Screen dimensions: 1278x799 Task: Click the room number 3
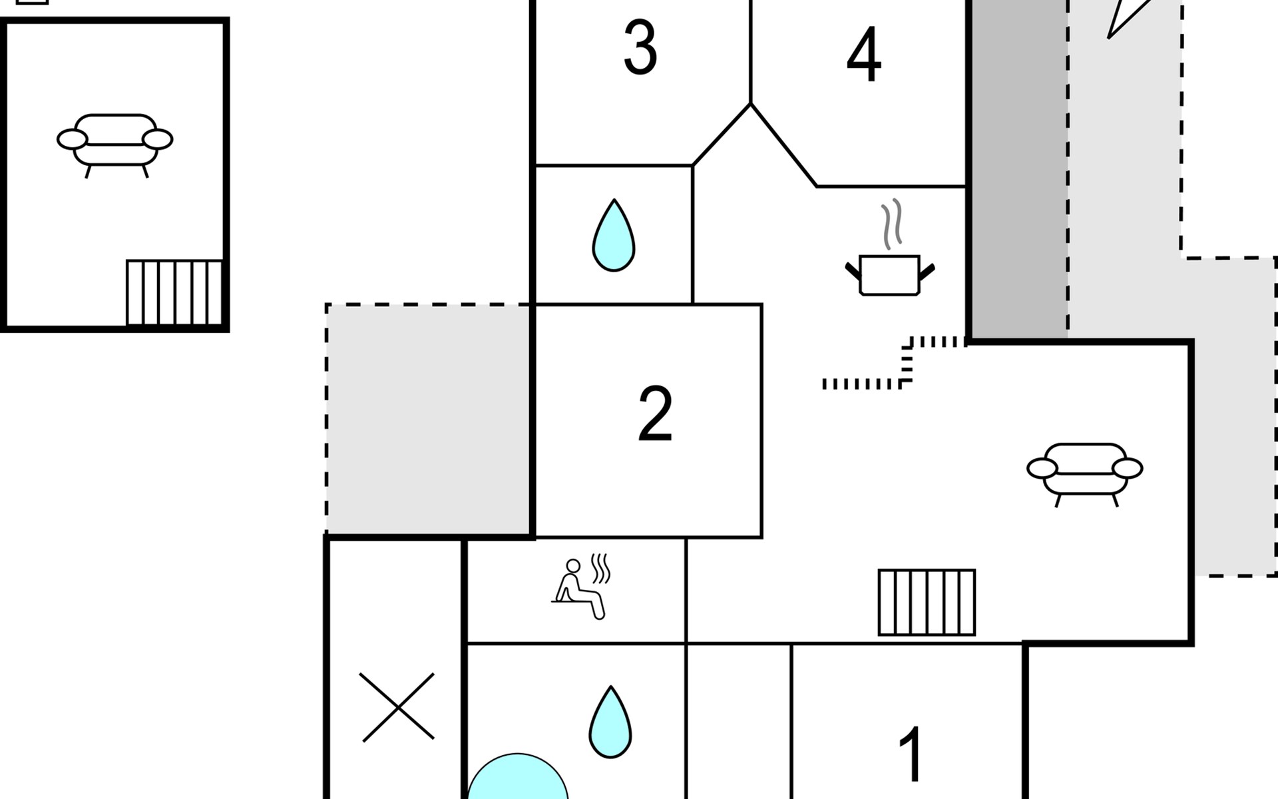click(640, 47)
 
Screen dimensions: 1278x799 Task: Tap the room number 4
click(864, 55)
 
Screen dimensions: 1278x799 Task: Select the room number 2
click(655, 413)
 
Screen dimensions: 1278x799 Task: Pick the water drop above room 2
click(614, 236)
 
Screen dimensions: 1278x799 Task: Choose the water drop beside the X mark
click(610, 722)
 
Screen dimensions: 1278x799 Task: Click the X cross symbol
click(397, 706)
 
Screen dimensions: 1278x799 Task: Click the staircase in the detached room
click(174, 293)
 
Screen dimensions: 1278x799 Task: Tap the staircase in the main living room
click(927, 603)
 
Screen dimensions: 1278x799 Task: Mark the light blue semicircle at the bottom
click(518, 778)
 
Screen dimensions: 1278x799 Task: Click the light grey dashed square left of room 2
click(429, 419)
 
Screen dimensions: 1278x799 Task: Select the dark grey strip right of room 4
click(1018, 170)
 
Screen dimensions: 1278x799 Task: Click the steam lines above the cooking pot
click(892, 224)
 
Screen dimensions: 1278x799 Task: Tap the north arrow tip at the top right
click(1109, 37)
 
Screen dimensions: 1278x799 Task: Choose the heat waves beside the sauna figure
click(600, 568)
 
